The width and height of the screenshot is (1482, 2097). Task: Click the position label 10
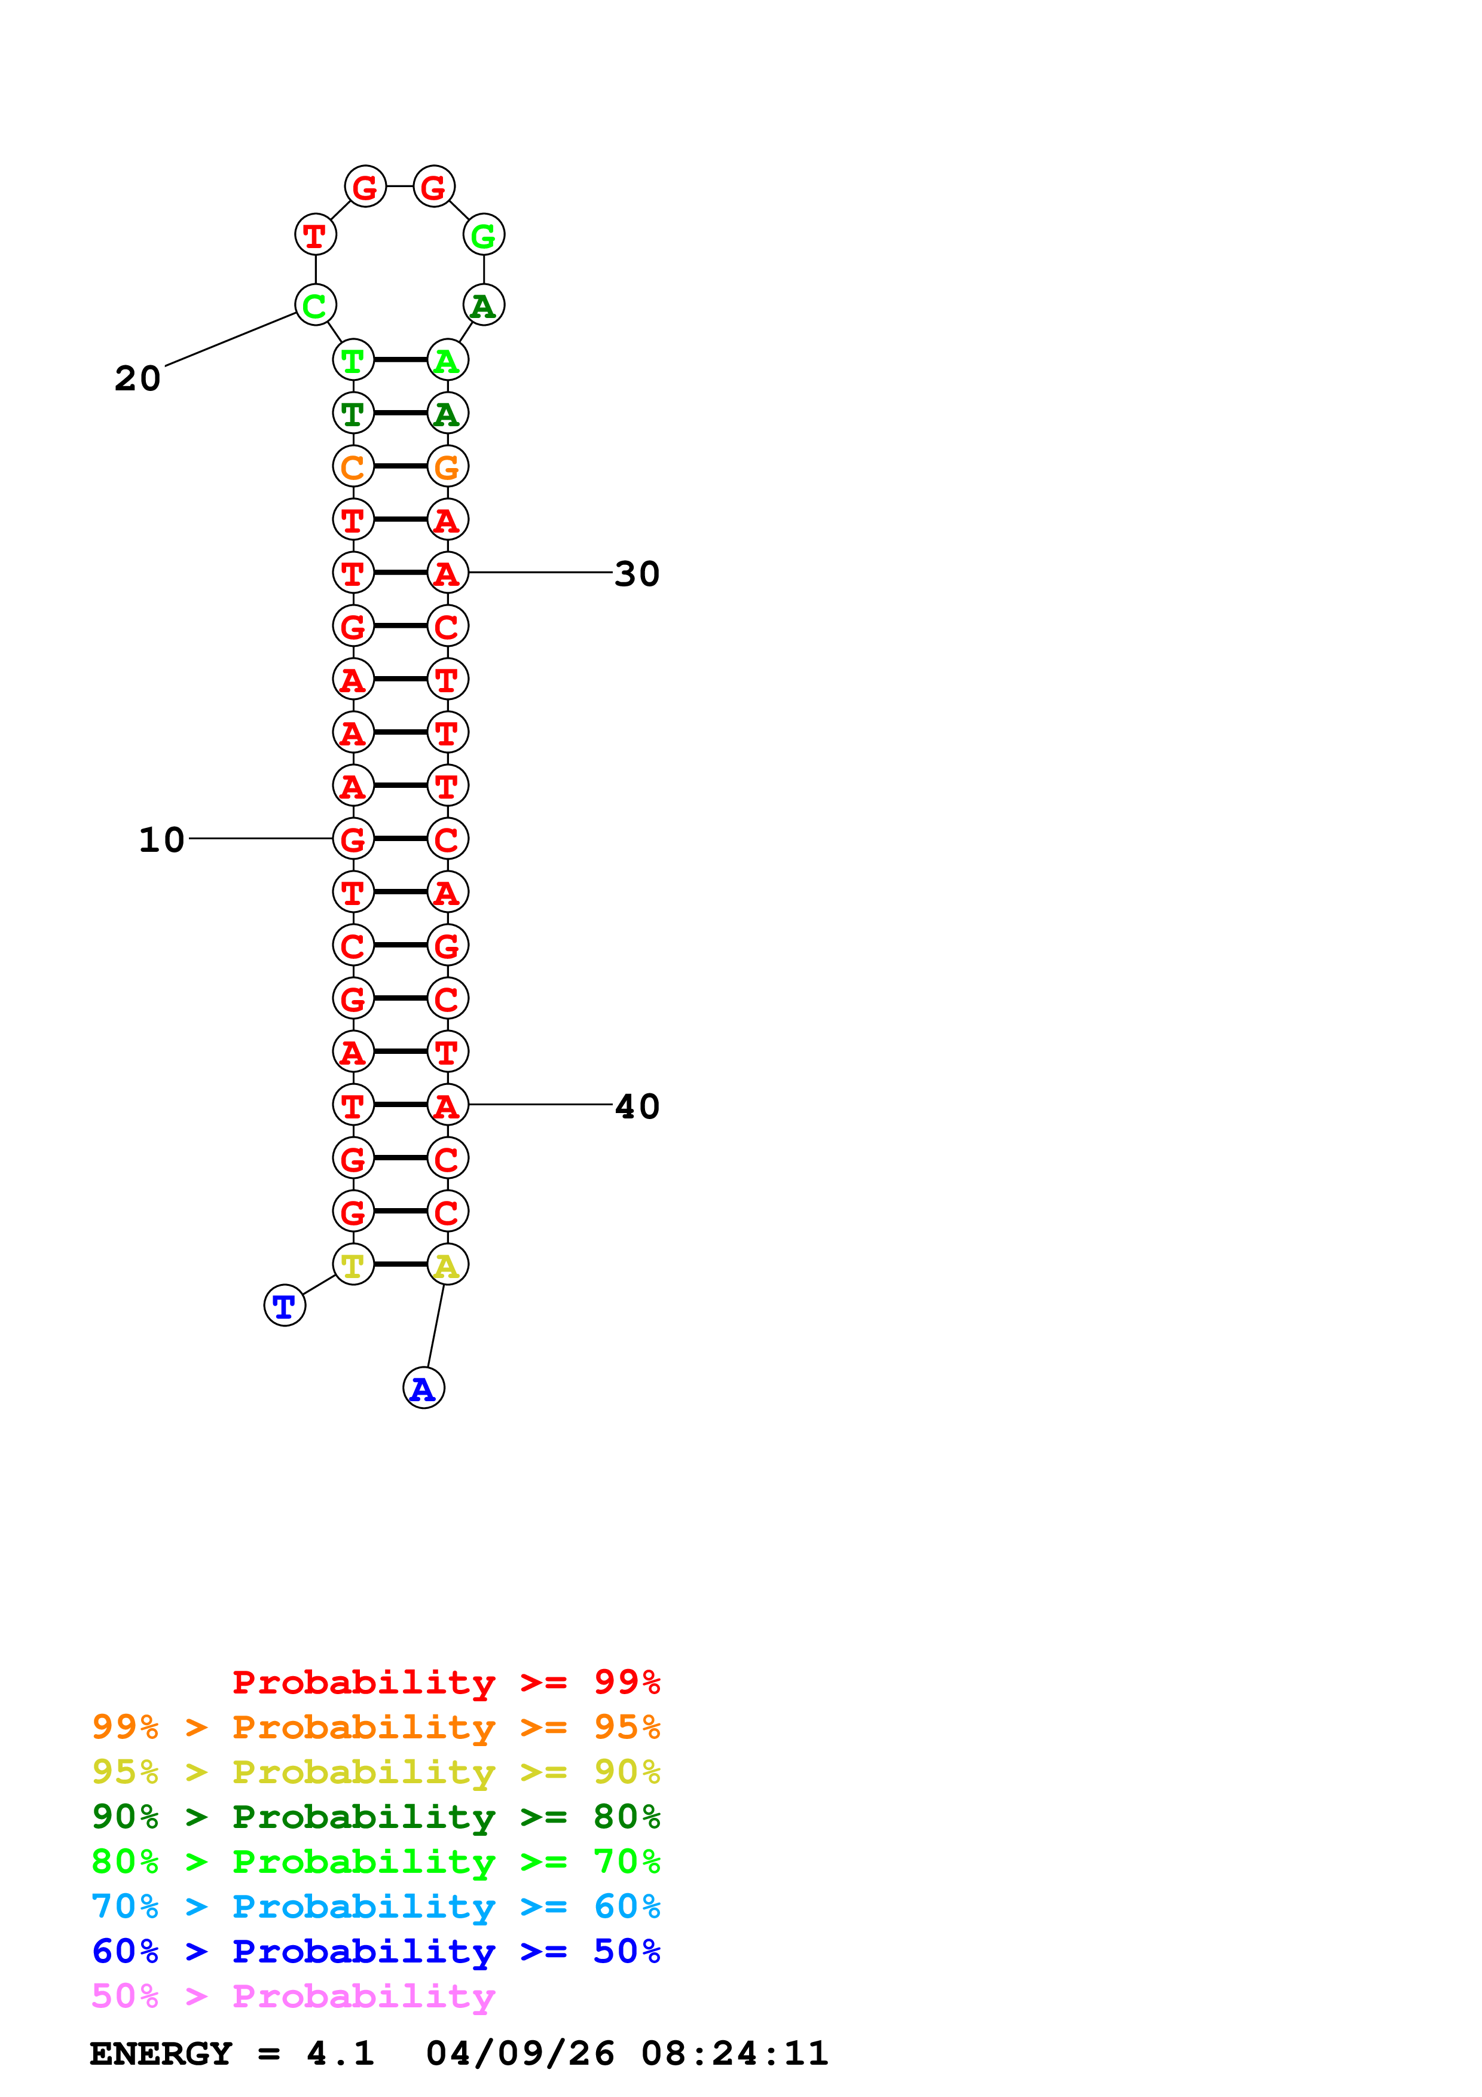click(x=161, y=839)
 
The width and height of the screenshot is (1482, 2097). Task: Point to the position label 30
click(x=637, y=574)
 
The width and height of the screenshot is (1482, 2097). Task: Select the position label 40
click(x=637, y=1106)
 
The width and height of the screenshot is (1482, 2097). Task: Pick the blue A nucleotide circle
click(x=423, y=1388)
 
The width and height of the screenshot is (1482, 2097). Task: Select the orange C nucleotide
click(x=353, y=467)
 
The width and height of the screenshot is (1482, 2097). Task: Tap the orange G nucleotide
click(x=447, y=467)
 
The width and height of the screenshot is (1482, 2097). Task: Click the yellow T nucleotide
click(x=353, y=1265)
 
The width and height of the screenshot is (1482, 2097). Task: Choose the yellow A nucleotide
click(x=447, y=1265)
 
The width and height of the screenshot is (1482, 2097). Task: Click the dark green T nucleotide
click(x=353, y=414)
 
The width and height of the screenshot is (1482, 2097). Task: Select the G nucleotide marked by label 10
click(x=353, y=839)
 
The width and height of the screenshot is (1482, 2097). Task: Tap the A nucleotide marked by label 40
click(x=447, y=1105)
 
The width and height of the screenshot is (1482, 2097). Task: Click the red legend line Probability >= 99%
click(x=445, y=1682)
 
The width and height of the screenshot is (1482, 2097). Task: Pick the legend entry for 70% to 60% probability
click(x=375, y=1907)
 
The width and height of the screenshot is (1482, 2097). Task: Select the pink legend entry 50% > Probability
click(x=293, y=1997)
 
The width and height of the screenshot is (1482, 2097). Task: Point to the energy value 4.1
click(x=340, y=2054)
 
